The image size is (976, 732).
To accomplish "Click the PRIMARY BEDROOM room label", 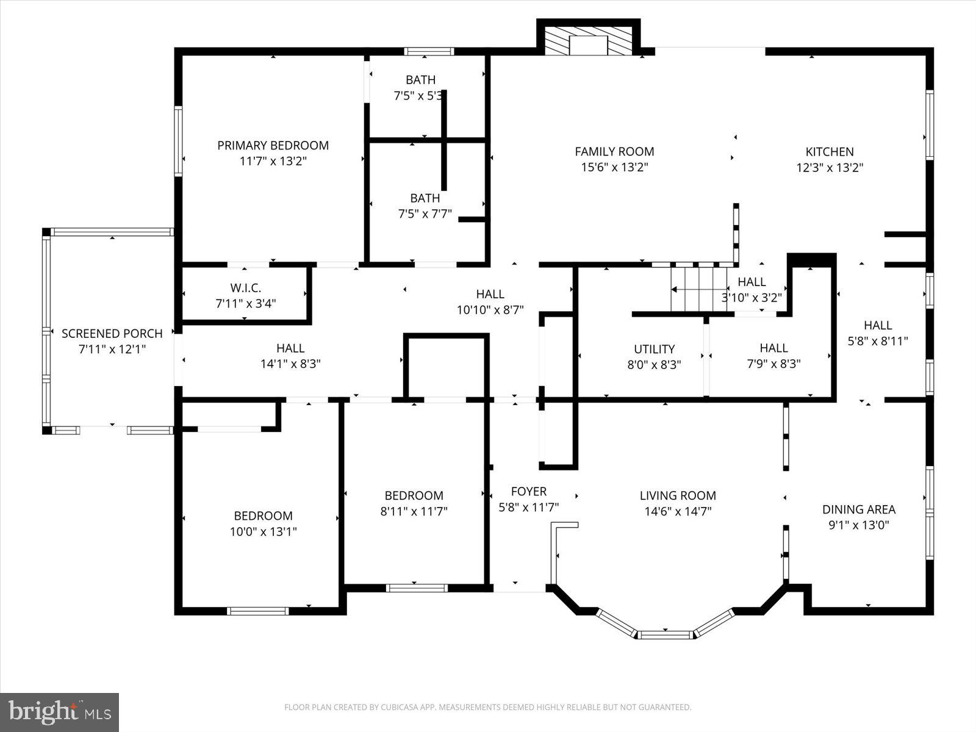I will tap(273, 145).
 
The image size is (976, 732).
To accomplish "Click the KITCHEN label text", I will tap(829, 152).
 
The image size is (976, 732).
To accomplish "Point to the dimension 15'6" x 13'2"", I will tap(614, 168).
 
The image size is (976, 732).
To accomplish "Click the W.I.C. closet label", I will tap(246, 288).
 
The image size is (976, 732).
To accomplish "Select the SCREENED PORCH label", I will tap(112, 334).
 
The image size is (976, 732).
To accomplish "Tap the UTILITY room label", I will tap(654, 349).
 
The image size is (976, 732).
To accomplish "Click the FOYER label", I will tap(528, 491).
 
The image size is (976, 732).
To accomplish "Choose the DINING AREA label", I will tap(858, 509).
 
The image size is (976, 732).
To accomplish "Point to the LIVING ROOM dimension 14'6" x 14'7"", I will tap(678, 512).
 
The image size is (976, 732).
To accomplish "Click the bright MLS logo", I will tap(60, 712).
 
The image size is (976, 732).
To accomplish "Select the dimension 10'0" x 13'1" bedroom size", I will tap(263, 532).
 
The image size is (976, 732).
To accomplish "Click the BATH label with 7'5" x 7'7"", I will tap(425, 198).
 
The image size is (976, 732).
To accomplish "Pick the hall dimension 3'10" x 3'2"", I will tap(752, 298).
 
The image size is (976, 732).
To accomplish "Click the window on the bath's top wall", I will tap(429, 52).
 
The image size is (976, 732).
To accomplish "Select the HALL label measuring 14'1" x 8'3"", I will tap(290, 348).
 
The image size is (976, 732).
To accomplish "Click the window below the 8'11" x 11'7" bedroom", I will tap(417, 588).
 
